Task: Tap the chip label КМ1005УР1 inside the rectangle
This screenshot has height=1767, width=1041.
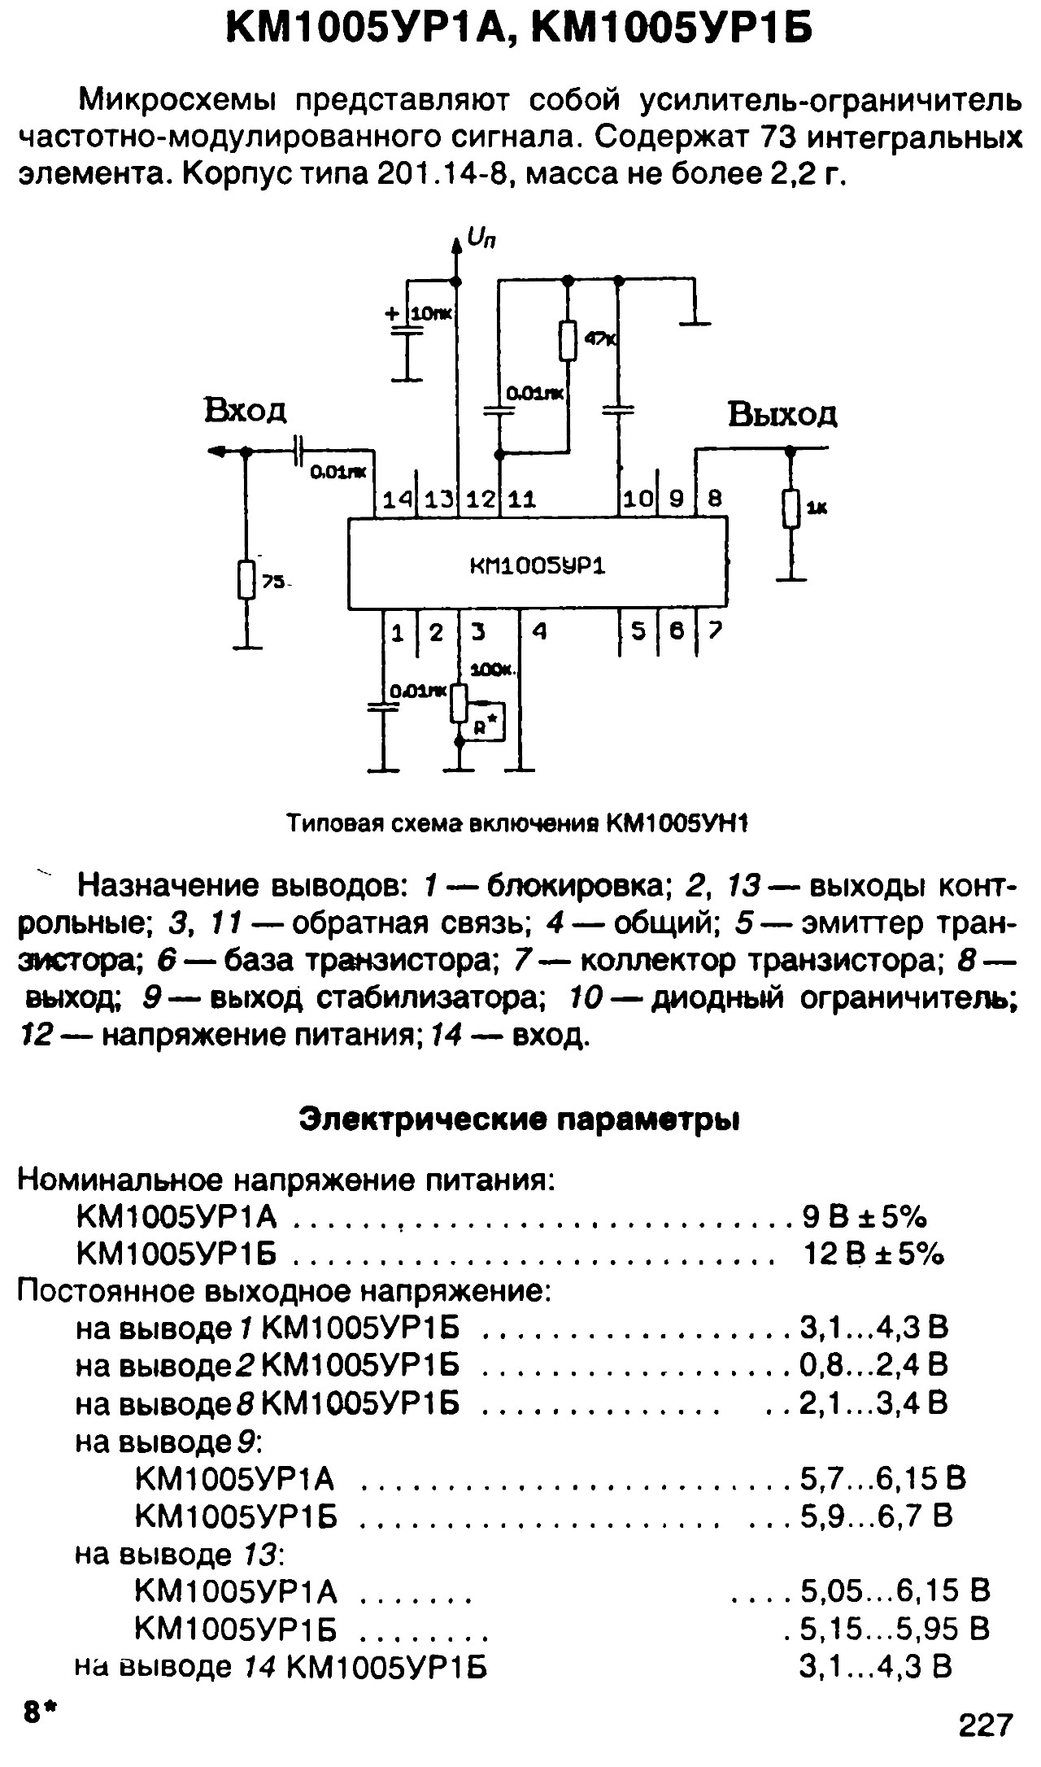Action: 538,565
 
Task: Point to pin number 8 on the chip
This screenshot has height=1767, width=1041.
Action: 715,498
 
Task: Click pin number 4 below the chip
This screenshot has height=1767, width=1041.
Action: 538,631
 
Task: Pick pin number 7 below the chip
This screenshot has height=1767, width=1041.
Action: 715,630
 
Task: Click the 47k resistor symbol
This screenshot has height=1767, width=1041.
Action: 568,340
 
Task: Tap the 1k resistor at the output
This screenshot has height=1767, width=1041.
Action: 789,508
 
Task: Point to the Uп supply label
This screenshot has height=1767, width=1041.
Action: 481,238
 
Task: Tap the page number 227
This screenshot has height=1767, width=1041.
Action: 987,1724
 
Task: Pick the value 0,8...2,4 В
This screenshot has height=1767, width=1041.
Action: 873,1364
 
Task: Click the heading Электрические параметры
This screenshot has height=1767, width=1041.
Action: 520,1119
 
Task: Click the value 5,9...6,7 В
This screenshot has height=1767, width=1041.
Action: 876,1516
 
